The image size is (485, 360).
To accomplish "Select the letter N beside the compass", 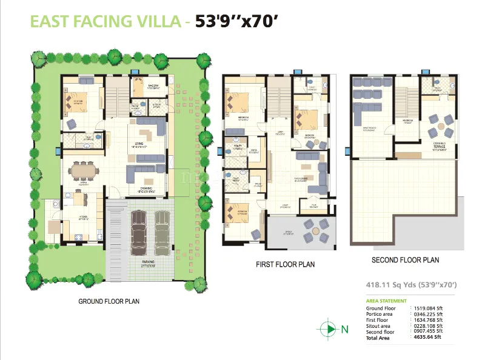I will (x=345, y=330).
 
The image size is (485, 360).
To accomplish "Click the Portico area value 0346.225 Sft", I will (x=429, y=315).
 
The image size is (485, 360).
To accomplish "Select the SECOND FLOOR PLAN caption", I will (x=405, y=259).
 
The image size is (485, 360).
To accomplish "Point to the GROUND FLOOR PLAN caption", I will (x=109, y=301).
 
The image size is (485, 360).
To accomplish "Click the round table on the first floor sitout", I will (x=313, y=228).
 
